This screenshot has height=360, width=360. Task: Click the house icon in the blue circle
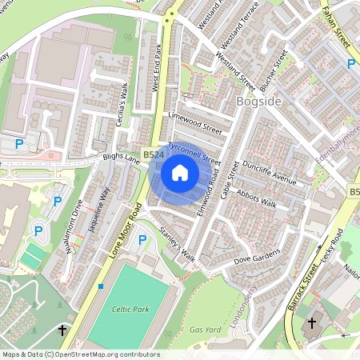(180, 173)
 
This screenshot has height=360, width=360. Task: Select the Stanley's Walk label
(177, 245)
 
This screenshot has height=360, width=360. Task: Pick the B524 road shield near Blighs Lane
(153, 154)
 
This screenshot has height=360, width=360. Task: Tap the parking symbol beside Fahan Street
(351, 63)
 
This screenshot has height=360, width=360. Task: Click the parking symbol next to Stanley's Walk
(142, 239)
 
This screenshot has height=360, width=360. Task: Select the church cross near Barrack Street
(312, 322)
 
